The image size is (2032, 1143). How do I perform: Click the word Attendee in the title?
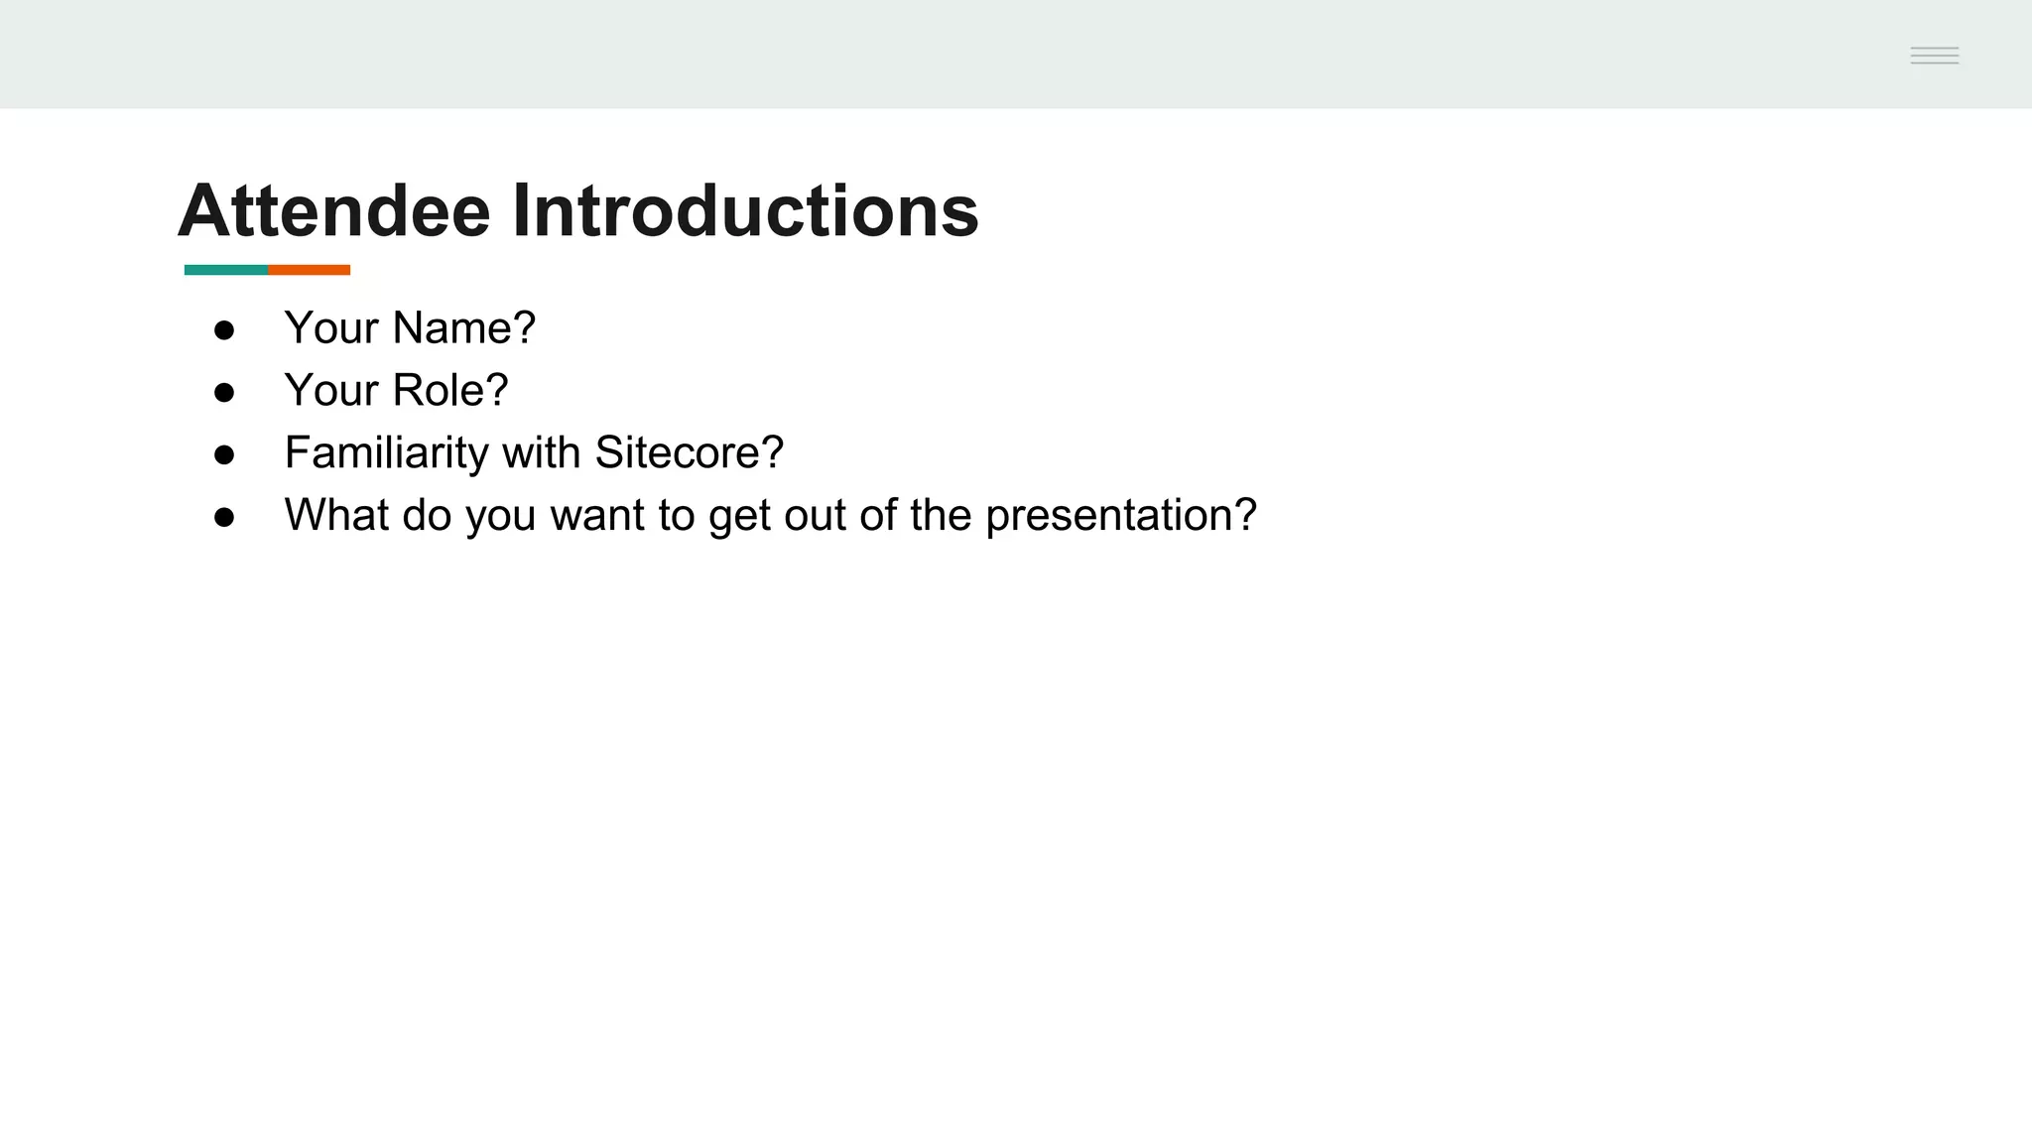(x=334, y=211)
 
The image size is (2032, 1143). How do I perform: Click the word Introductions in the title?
(x=745, y=211)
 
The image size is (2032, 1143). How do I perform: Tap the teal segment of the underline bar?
(x=225, y=270)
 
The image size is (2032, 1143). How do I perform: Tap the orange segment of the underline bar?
(x=309, y=270)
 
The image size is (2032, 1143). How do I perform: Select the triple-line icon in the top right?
(x=1934, y=56)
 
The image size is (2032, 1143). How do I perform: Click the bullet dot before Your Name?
(x=224, y=330)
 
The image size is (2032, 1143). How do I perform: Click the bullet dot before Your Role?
(x=224, y=393)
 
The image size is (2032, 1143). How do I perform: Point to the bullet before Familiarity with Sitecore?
(x=224, y=455)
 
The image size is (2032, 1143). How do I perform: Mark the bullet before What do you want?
(x=224, y=518)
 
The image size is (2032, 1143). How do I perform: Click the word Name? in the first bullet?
(x=464, y=328)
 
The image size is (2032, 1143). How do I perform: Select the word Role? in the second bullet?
(x=450, y=391)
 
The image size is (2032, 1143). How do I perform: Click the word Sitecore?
(x=689, y=453)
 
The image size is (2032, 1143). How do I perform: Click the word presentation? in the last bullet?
(x=1121, y=516)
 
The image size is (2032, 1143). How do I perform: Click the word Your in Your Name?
(x=331, y=328)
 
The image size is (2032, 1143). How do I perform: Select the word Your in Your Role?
(x=331, y=391)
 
